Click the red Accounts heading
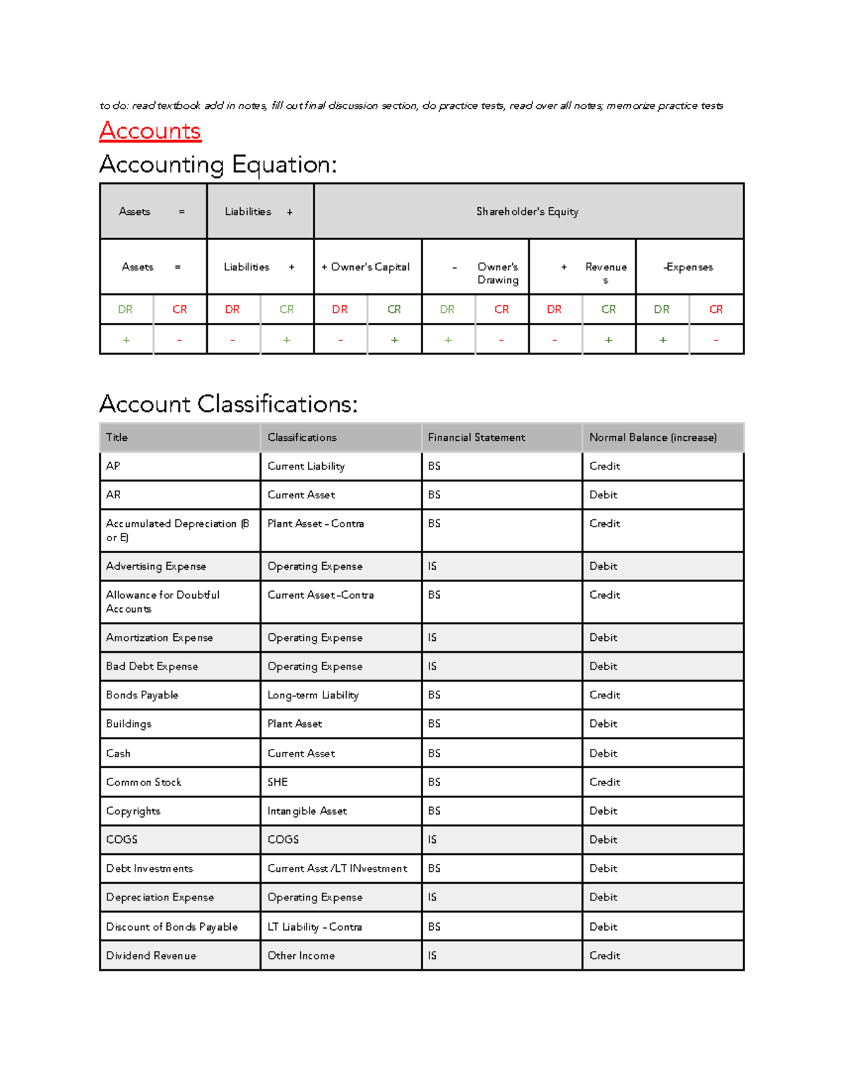(x=150, y=131)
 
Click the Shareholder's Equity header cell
(x=528, y=211)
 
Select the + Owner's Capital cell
(x=366, y=267)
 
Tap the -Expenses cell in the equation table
(x=688, y=267)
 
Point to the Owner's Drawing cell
(x=497, y=273)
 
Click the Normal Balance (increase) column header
(x=653, y=437)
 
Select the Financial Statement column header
(x=476, y=437)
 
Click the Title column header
(x=117, y=437)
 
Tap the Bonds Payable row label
(x=142, y=695)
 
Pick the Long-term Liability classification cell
(x=313, y=695)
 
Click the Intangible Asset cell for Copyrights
(x=307, y=811)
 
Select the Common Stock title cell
(x=144, y=782)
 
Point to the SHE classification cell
(x=278, y=782)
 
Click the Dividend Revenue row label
(x=152, y=955)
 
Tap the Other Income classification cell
(x=301, y=955)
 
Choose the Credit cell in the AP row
(x=605, y=466)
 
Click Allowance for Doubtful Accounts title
(x=163, y=602)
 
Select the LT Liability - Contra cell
(x=315, y=926)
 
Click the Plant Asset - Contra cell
(x=316, y=524)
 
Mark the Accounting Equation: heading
(x=218, y=165)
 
